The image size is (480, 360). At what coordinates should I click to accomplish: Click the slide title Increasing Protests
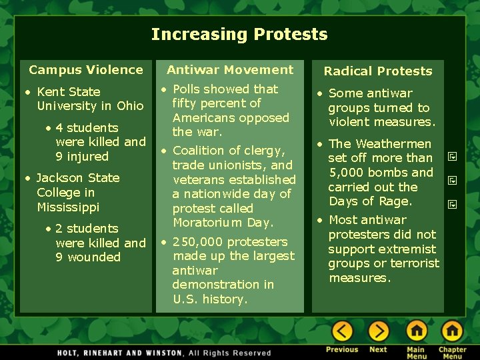pyautogui.click(x=239, y=35)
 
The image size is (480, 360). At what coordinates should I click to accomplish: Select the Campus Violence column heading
pyautogui.click(x=86, y=69)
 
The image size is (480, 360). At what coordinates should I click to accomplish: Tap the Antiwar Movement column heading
pyautogui.click(x=230, y=69)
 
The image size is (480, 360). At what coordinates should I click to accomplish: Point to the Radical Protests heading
pyautogui.click(x=378, y=71)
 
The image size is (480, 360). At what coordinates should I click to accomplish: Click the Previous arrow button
pyautogui.click(x=342, y=331)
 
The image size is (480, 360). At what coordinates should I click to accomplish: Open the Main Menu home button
pyautogui.click(x=417, y=331)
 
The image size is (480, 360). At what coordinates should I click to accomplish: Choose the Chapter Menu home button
pyautogui.click(x=452, y=331)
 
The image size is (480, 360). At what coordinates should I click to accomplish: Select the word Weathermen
pyautogui.click(x=398, y=143)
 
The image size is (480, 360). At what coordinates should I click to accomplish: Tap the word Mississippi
pyautogui.click(x=68, y=207)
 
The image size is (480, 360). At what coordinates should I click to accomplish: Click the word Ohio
pyautogui.click(x=130, y=106)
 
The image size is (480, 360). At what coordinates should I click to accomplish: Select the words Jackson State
pyautogui.click(x=78, y=178)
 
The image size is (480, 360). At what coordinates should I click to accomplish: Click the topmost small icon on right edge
pyautogui.click(x=451, y=157)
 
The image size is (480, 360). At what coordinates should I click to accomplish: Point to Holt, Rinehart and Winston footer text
pyautogui.click(x=121, y=353)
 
